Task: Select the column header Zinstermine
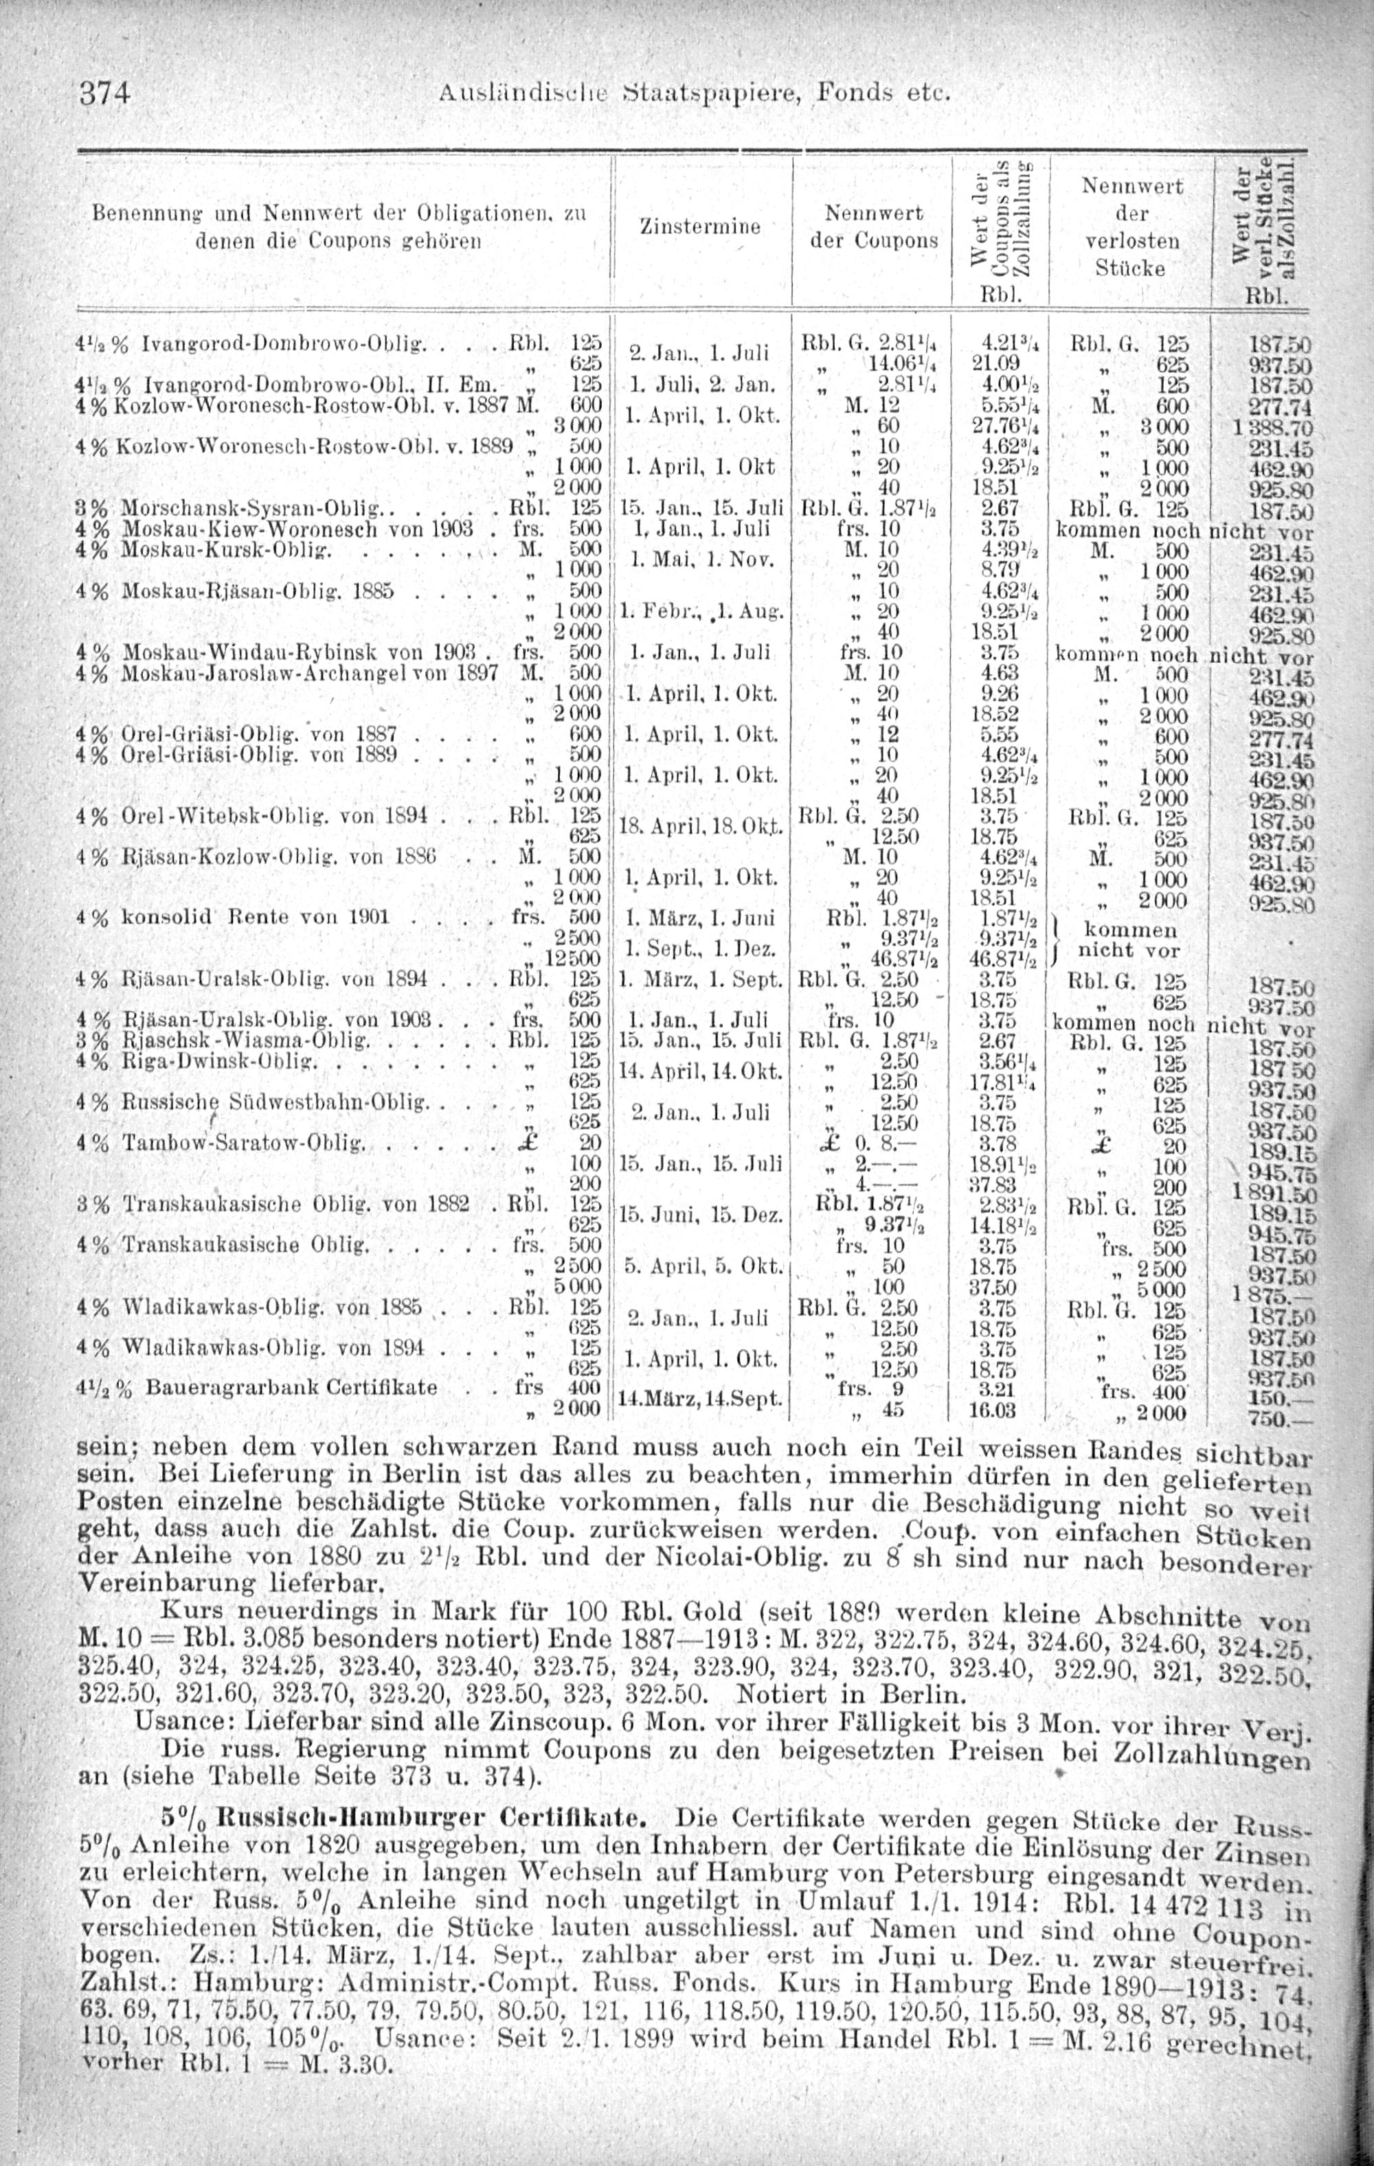(699, 227)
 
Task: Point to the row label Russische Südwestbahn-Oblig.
(273, 1102)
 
